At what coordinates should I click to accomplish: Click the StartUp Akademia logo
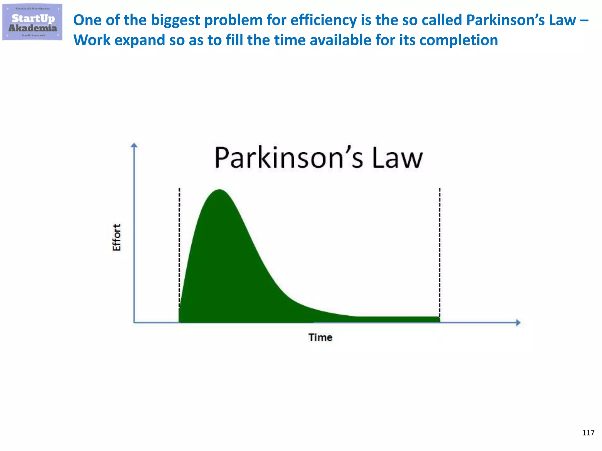tap(32, 22)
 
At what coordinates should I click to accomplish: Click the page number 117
tap(588, 433)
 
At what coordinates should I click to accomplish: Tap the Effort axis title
tap(117, 238)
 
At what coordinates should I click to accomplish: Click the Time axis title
tap(320, 338)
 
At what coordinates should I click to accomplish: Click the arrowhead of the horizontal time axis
tap(518, 323)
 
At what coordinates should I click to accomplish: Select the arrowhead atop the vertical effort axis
tap(134, 145)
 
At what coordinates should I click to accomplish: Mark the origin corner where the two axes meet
tap(134, 323)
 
